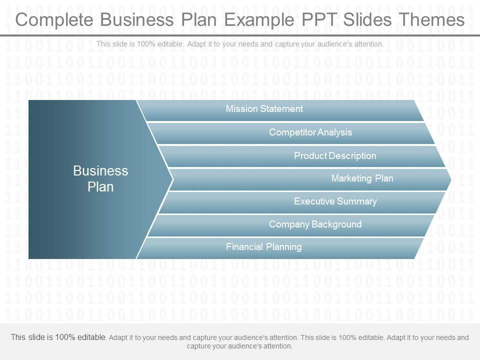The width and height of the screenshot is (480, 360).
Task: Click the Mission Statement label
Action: (x=264, y=109)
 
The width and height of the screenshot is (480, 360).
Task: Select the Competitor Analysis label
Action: (x=310, y=132)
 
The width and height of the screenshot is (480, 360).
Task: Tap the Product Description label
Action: (x=335, y=156)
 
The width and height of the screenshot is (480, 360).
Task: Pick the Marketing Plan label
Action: (x=362, y=178)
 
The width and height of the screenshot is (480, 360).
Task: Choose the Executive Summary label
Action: (x=335, y=201)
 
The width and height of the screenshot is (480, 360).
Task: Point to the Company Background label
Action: (x=315, y=224)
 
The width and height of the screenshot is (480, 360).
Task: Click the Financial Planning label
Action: (x=263, y=246)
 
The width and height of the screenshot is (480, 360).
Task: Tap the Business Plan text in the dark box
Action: (x=100, y=178)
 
